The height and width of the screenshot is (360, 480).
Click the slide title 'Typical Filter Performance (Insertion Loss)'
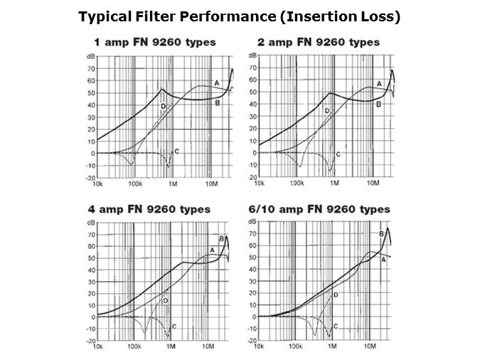[240, 16]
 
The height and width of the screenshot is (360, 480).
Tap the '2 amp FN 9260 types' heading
[319, 42]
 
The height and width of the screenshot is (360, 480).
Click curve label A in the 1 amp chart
[216, 83]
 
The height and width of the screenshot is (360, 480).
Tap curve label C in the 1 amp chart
[176, 152]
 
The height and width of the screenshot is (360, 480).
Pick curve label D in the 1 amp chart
[163, 107]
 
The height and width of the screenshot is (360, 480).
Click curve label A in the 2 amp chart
[379, 84]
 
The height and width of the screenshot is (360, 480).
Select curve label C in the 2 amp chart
[338, 154]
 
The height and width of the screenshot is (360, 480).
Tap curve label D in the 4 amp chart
[165, 302]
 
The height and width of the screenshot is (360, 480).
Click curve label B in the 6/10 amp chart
[381, 233]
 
